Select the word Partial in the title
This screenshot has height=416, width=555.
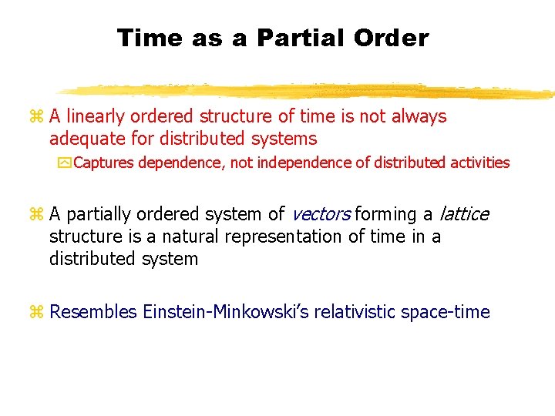(x=294, y=38)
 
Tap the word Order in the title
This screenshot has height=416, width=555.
(x=392, y=38)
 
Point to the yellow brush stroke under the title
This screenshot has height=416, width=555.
(x=308, y=91)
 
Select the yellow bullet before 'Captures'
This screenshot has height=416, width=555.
(x=64, y=163)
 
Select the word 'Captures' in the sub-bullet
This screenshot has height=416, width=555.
(x=103, y=163)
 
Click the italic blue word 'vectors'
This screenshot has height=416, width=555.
(x=321, y=214)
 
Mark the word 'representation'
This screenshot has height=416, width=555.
(x=283, y=237)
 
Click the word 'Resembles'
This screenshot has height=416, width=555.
(x=92, y=312)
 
